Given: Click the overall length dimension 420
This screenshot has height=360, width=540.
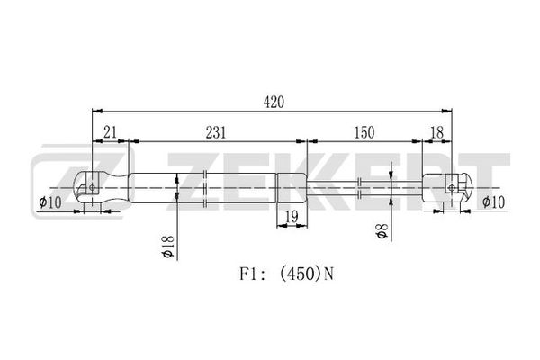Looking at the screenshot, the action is pos(274,103).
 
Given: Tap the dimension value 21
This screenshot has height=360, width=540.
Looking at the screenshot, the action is pos(110,132).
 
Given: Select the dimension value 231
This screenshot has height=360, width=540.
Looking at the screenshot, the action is pos(216,132).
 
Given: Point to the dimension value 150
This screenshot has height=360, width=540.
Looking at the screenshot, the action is pos(364,132).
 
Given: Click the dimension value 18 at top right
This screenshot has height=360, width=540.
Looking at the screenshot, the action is pos(437,132).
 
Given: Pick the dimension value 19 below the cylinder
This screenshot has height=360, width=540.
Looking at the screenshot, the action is pos(292,217).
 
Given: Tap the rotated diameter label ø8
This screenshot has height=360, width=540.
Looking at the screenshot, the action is pos(382,230).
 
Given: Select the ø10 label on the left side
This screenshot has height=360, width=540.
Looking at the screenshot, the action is pos(50,202).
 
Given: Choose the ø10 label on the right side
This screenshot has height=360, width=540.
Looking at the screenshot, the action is pos(493,202).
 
